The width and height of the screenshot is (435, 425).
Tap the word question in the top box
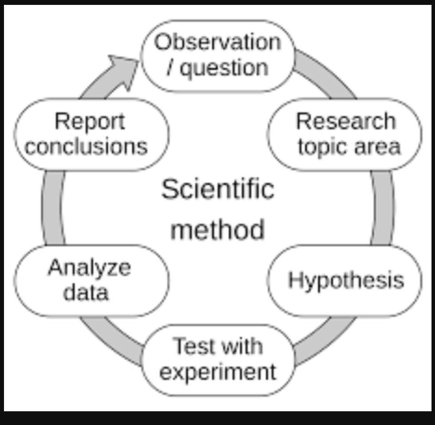[224, 68]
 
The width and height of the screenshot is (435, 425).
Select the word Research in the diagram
[346, 121]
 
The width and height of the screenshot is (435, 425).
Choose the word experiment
[218, 372]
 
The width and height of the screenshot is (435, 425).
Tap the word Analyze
[89, 268]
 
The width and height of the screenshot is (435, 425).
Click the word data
[86, 292]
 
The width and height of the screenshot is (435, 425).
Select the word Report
[90, 122]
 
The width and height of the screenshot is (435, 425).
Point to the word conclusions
[86, 146]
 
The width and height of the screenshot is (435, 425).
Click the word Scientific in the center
[218, 189]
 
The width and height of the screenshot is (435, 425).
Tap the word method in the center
[217, 230]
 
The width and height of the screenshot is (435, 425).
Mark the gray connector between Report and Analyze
[52, 208]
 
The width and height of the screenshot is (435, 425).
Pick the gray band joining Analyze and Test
[111, 340]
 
